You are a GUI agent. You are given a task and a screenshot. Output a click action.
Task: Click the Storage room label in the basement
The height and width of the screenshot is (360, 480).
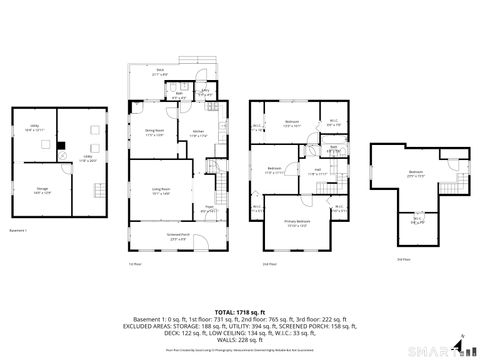(x=41, y=191)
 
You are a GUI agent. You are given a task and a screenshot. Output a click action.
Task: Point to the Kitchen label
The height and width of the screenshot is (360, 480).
(x=197, y=134)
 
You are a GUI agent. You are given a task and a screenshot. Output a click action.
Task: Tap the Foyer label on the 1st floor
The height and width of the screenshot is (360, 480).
(x=209, y=210)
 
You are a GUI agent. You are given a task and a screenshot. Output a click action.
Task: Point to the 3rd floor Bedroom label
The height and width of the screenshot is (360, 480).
(x=415, y=172)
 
